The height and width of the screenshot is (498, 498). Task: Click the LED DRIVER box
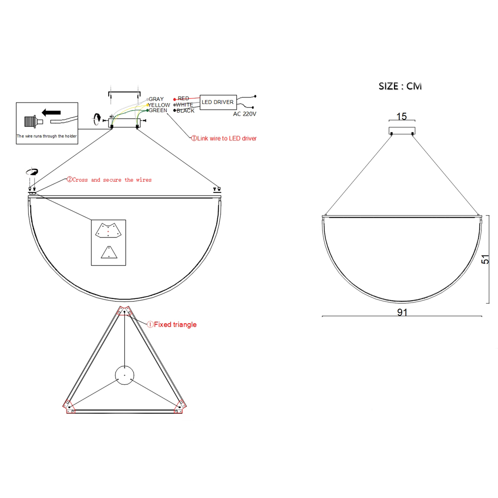218,102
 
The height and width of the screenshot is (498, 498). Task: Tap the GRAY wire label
156,99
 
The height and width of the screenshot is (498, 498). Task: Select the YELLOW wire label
159,105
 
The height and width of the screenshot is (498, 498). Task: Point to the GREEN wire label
158,110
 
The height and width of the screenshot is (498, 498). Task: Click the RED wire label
183,98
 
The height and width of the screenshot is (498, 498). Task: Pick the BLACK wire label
185,111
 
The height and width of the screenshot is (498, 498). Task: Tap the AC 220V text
244,114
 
